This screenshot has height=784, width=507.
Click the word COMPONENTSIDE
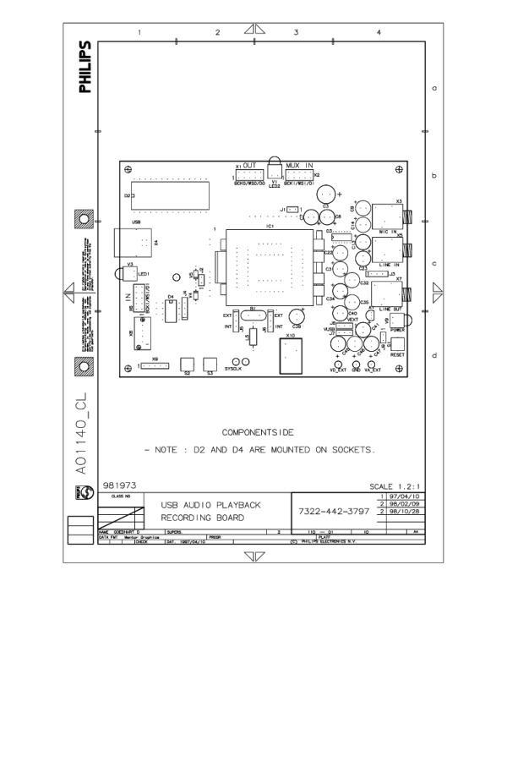pyautogui.click(x=257, y=432)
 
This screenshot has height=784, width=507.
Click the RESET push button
pyautogui.click(x=397, y=345)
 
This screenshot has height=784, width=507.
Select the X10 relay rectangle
pyautogui.click(x=292, y=355)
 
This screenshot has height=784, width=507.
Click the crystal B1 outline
pyautogui.click(x=254, y=317)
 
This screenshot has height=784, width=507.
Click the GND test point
pyautogui.click(x=357, y=365)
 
